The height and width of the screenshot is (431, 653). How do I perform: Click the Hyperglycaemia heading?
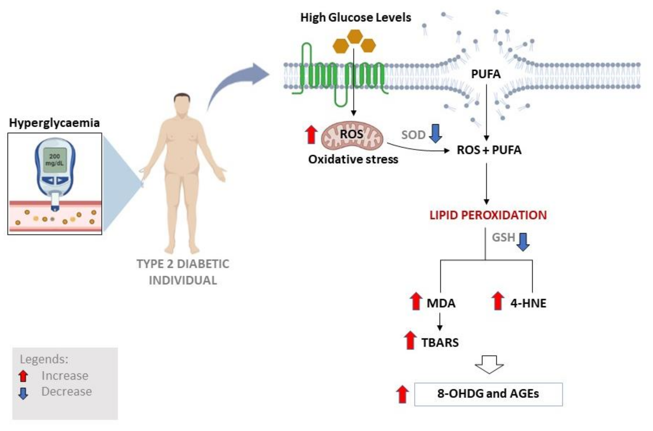54,123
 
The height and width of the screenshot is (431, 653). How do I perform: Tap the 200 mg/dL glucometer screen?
55,160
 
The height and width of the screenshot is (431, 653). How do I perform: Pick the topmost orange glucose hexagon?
355,37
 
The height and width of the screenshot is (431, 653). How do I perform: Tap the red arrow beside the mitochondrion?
311,134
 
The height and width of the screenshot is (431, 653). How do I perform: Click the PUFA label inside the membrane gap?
486,74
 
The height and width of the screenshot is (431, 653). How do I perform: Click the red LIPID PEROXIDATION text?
488,215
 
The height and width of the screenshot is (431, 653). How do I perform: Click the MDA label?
441,303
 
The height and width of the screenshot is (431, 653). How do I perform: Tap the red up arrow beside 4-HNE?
497,301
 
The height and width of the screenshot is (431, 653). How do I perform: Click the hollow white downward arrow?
489,364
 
